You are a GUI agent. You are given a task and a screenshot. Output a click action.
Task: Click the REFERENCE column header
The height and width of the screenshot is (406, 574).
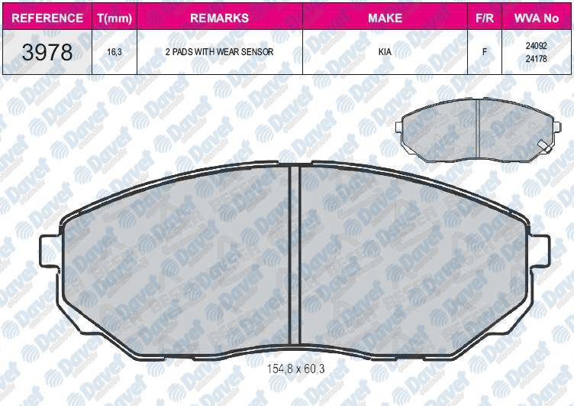(47, 18)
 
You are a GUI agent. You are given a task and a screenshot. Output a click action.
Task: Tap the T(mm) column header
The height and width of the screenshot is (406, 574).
(114, 18)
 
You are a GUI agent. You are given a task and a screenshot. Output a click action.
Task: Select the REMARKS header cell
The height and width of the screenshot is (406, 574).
(220, 18)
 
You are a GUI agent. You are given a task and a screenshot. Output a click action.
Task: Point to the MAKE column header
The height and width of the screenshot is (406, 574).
(385, 18)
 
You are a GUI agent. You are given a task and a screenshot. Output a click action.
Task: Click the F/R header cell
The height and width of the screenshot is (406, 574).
(485, 18)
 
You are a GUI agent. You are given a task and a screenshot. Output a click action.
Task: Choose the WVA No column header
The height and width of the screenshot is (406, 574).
(537, 18)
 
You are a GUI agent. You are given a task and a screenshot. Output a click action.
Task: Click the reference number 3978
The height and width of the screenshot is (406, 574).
(47, 52)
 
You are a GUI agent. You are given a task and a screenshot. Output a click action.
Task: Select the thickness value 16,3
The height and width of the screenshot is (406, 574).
(114, 52)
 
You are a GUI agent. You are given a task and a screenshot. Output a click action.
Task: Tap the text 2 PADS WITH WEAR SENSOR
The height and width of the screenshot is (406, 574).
(219, 52)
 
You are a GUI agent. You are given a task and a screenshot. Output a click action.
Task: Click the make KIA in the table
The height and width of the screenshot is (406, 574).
(385, 52)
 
